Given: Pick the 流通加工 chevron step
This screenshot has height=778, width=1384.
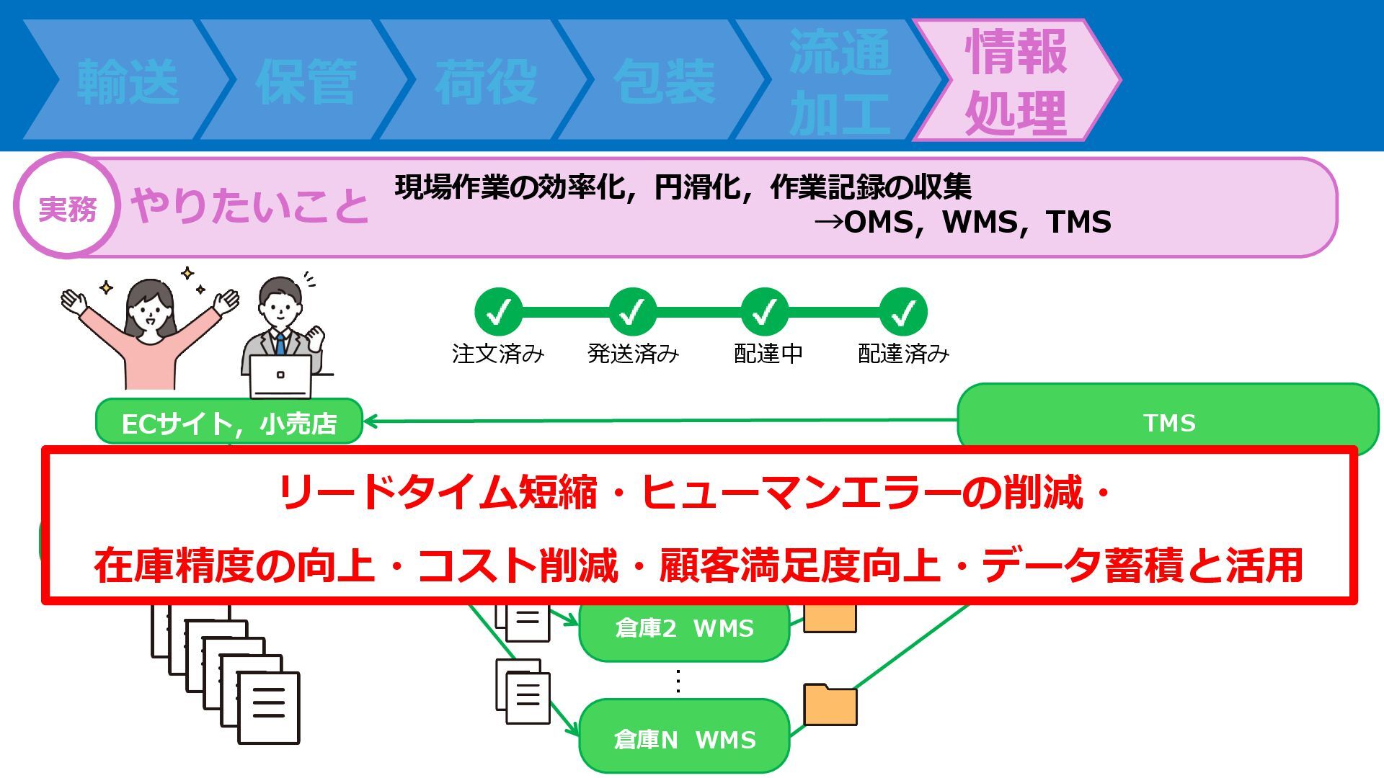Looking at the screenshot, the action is point(840,79).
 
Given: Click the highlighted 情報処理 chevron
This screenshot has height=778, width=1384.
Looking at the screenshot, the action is point(1016,79).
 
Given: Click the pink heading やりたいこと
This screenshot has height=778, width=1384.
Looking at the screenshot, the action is point(249,206).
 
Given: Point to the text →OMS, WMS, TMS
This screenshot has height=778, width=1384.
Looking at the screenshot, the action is point(962,222).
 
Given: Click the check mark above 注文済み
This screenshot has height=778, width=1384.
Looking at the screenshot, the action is point(498,312).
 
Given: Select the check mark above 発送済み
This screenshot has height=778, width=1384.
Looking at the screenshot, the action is point(632,312).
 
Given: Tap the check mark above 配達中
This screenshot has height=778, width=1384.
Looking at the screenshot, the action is point(765,312).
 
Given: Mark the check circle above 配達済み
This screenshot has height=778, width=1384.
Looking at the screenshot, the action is point(903,312).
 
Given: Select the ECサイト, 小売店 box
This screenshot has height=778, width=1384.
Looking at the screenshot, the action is point(229,422).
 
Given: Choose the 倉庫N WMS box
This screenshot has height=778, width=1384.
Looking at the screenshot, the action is point(685,736).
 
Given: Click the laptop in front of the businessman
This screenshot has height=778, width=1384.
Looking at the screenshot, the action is point(280,376).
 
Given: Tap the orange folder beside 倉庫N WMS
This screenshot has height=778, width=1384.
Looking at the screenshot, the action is point(830,704).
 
